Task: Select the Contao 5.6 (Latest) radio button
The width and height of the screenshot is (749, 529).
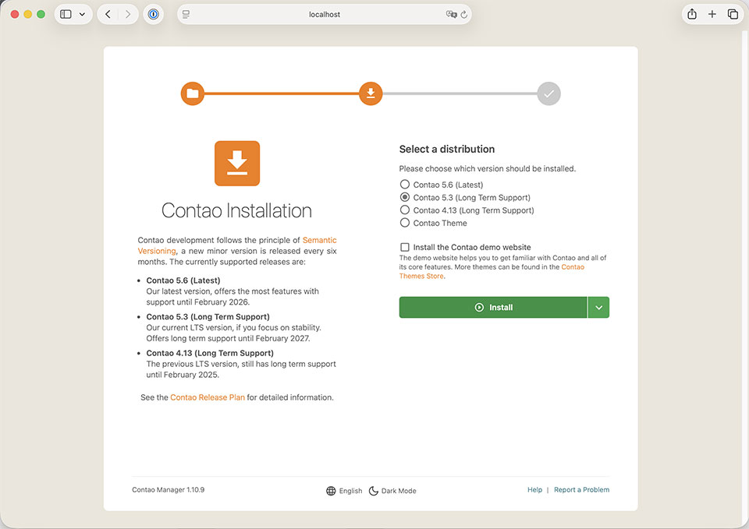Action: [405, 185]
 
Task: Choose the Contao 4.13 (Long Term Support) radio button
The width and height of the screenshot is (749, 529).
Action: [405, 210]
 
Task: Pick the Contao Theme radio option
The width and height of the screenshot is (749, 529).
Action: [405, 223]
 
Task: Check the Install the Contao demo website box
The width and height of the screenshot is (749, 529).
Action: [405, 247]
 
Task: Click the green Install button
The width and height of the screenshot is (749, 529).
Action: [493, 308]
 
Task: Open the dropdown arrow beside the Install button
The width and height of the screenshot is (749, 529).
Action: [598, 308]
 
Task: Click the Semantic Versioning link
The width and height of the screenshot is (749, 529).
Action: [319, 240]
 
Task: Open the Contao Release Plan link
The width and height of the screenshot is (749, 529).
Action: [208, 397]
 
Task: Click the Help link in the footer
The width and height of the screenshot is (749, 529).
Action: [534, 490]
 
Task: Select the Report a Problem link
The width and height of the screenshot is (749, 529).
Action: [581, 490]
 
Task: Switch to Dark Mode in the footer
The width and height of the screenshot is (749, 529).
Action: [392, 491]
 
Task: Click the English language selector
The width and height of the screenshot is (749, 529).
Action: [344, 491]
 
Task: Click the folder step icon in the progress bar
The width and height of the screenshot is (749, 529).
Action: [193, 94]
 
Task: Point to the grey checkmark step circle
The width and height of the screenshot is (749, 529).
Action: [549, 94]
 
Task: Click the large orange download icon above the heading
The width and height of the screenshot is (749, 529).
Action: [237, 164]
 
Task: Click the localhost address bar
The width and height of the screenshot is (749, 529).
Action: [325, 14]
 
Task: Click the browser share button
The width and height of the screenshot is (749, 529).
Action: [691, 14]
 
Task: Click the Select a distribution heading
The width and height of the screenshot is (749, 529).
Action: [447, 149]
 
